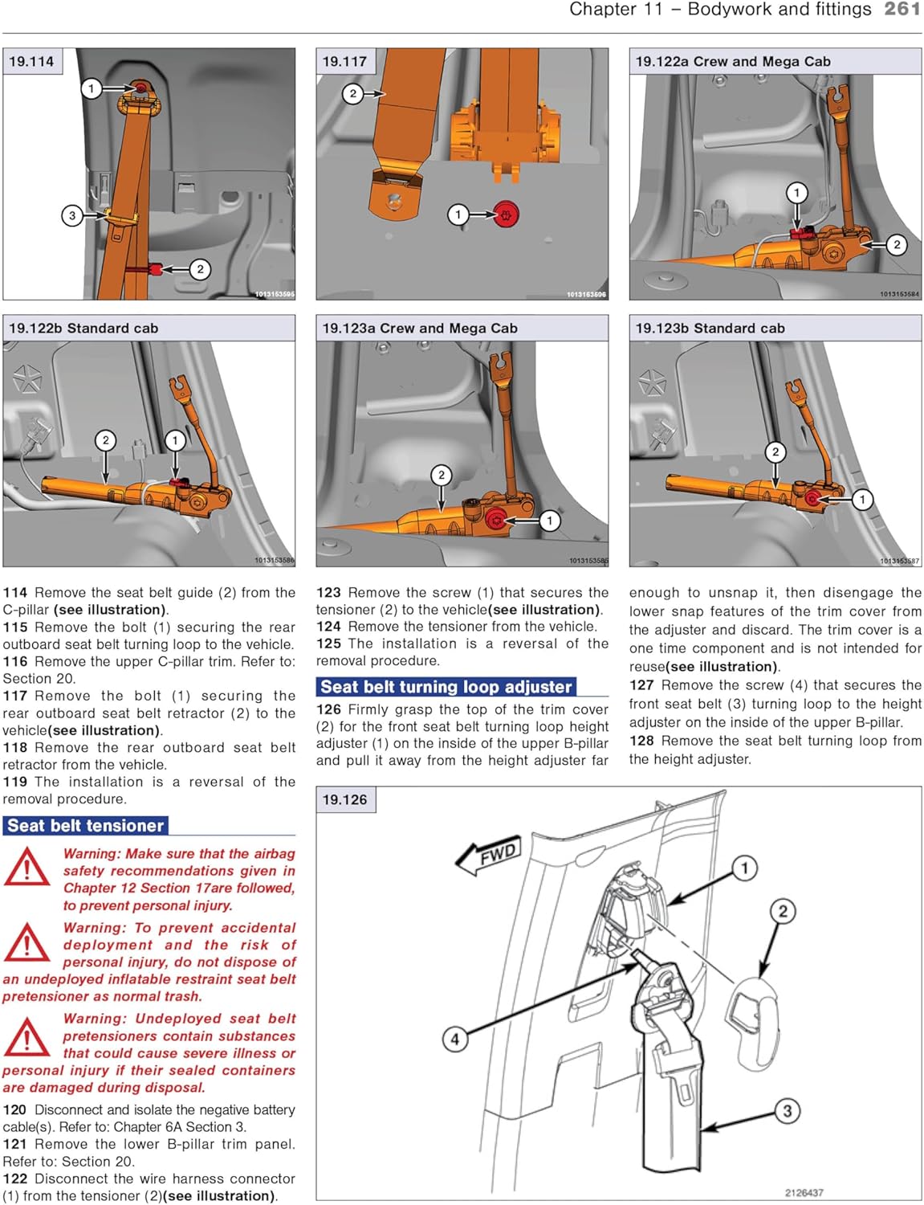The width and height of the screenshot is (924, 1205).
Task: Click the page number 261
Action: click(x=902, y=10)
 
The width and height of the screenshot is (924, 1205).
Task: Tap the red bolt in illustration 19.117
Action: click(x=507, y=214)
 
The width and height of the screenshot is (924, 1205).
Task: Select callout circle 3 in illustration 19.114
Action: click(x=72, y=215)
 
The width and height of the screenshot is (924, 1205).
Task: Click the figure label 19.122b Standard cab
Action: click(x=83, y=328)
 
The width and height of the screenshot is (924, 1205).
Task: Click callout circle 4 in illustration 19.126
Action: click(x=454, y=1039)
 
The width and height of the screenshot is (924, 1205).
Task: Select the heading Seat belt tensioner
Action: click(x=86, y=825)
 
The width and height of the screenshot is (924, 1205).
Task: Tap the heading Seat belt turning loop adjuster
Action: click(x=446, y=687)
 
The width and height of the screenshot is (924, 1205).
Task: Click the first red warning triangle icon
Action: click(x=26, y=869)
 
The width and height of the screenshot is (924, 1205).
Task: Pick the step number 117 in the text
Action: click(x=15, y=696)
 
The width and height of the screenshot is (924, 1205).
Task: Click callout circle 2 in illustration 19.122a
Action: click(x=896, y=245)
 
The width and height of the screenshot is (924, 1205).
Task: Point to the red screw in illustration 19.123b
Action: click(x=813, y=499)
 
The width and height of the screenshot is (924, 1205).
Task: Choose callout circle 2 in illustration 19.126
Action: click(x=783, y=911)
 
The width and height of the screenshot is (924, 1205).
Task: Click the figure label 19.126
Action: click(x=344, y=799)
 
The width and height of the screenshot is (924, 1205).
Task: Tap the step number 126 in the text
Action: click(x=328, y=709)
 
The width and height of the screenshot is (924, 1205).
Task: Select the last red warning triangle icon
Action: click(x=26, y=1037)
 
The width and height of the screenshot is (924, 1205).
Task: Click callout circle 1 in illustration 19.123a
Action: click(x=550, y=521)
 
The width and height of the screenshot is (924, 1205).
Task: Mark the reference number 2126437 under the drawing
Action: click(x=804, y=1192)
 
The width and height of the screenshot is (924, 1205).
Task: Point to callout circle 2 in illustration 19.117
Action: click(x=353, y=94)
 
